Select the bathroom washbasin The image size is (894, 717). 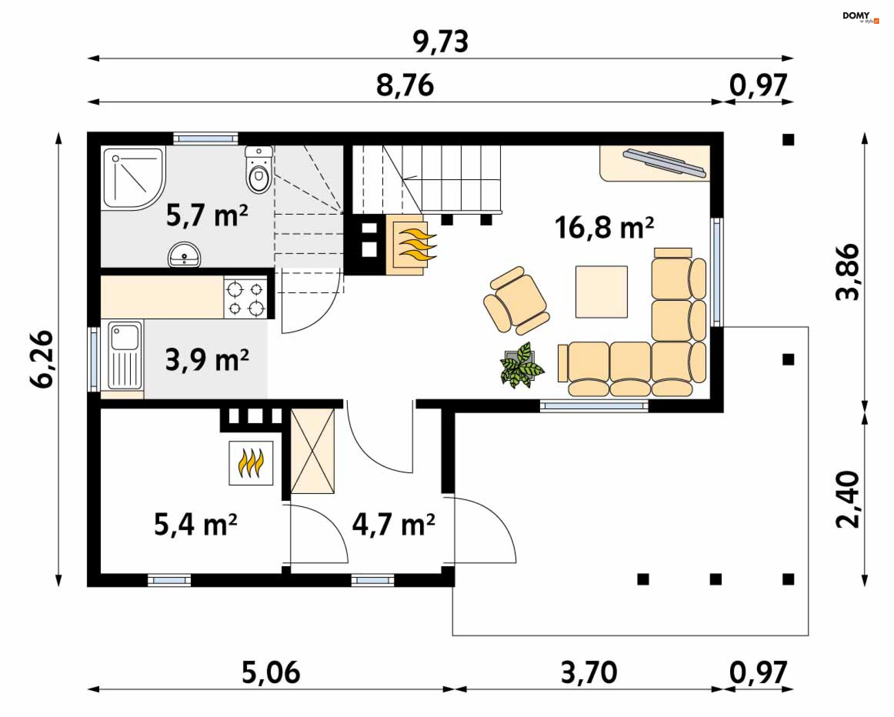tap(184, 255)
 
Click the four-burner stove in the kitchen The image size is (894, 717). tap(245, 298)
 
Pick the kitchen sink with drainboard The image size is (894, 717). tap(125, 356)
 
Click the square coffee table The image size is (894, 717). tap(601, 292)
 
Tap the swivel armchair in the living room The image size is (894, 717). tap(516, 301)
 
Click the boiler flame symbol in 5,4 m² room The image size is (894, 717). tap(251, 463)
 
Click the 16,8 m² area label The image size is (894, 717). tap(603, 228)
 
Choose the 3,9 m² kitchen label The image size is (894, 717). tap(207, 360)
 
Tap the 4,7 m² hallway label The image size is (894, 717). tap(393, 525)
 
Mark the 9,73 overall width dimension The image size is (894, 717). tap(440, 42)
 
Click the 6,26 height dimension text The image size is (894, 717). tap(42, 358)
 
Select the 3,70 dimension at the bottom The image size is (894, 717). tap(589, 673)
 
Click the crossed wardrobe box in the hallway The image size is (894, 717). tap(312, 451)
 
